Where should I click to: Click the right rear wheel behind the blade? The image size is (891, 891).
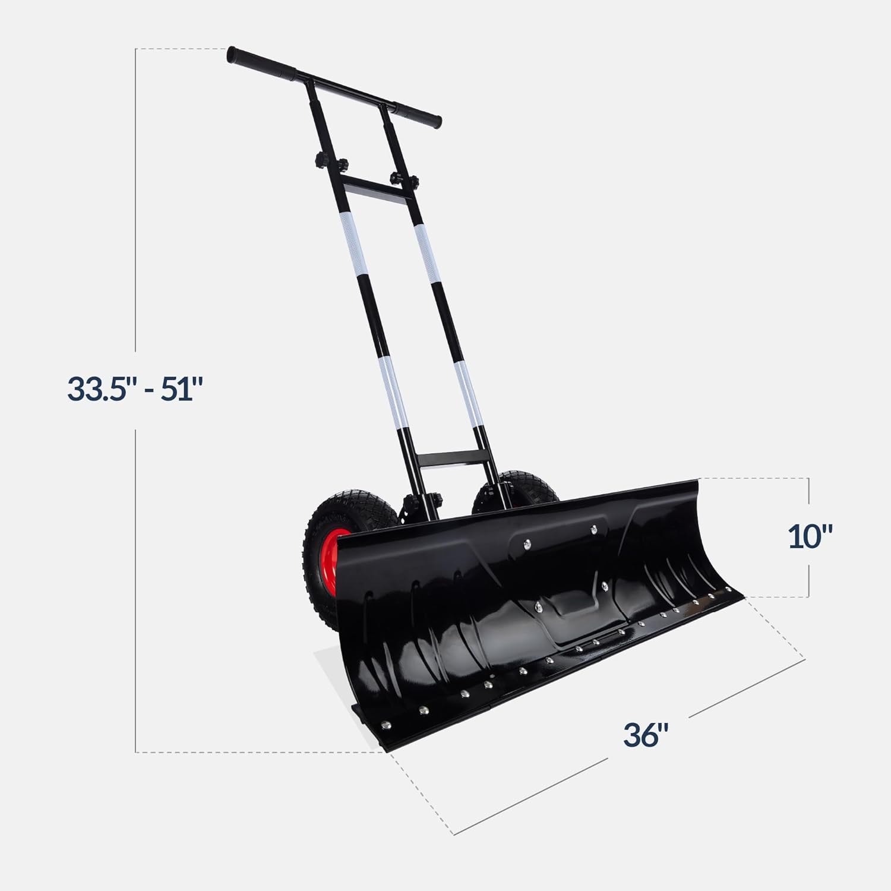(516, 492)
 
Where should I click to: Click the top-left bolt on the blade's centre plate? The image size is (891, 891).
(526, 542)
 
